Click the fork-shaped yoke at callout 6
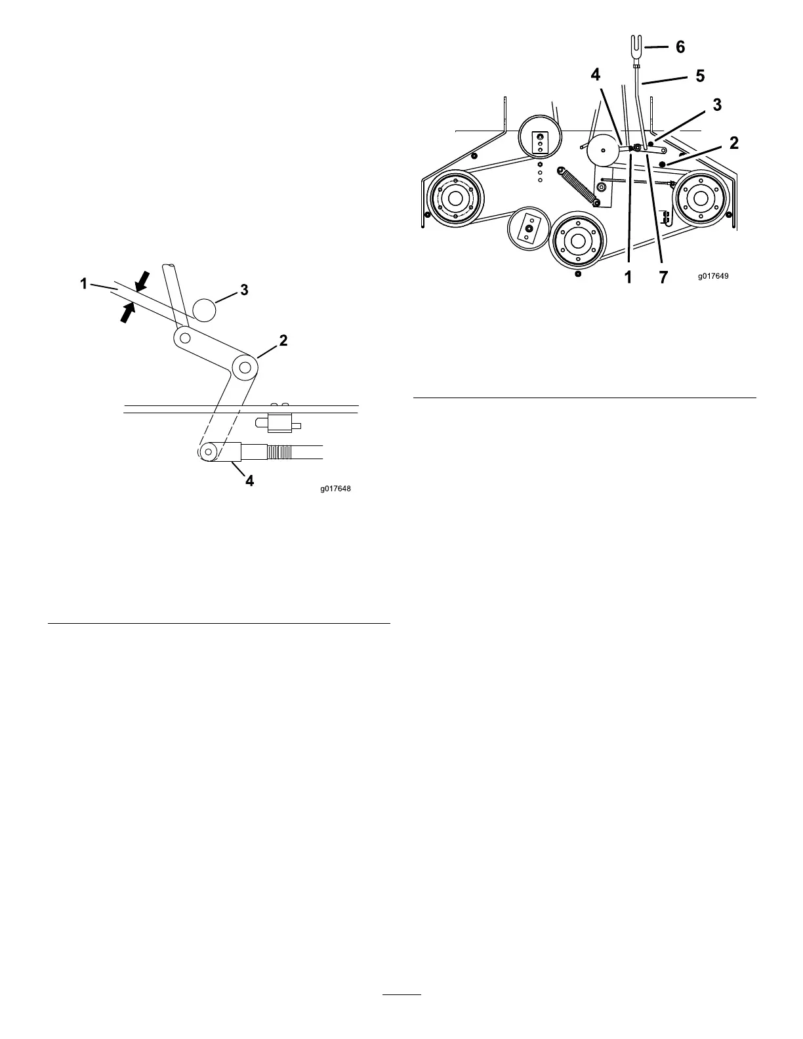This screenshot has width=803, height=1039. [636, 51]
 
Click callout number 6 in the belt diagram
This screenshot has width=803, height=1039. [680, 47]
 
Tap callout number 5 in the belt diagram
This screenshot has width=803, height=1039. [700, 76]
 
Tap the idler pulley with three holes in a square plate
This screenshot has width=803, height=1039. [539, 138]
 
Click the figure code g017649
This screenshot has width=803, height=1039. [712, 276]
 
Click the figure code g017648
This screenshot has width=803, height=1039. [336, 489]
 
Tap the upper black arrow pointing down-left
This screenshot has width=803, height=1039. [142, 280]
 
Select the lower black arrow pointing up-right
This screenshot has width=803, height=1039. [128, 312]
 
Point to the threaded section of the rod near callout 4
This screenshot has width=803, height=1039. [281, 452]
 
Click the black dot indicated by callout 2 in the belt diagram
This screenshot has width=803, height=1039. [663, 163]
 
